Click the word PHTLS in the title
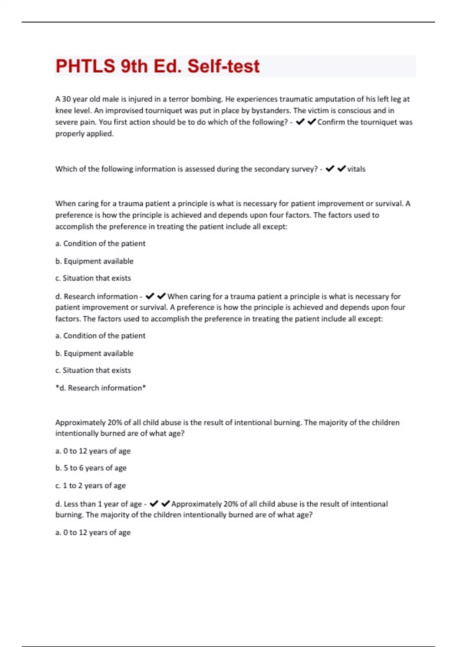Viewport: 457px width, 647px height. [85, 66]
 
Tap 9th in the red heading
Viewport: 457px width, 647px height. [134, 66]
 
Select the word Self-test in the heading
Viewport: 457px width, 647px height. [223, 66]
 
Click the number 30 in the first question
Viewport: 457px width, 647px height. [66, 99]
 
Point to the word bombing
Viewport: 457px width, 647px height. [206, 99]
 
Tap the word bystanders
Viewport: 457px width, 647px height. [270, 111]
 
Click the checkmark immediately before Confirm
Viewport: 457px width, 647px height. [312, 122]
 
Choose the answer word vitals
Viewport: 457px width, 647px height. [356, 169]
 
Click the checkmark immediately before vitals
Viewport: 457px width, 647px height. [342, 169]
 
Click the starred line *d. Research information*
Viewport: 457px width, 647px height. [101, 388]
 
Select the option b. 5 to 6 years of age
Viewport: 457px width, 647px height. [91, 468]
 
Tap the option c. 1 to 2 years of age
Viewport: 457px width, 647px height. [91, 486]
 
